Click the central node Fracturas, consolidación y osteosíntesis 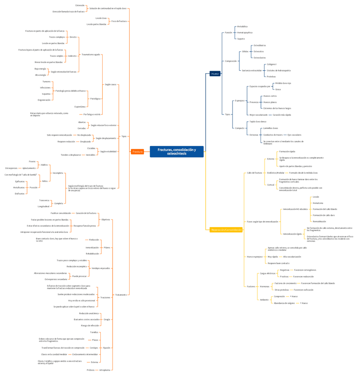(176, 151)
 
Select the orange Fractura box (137, 152)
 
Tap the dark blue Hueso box (215, 73)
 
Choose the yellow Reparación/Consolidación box (226, 230)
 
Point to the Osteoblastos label (260, 45)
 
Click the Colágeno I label (271, 64)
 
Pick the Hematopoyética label (245, 33)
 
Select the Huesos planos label (270, 102)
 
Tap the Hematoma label (318, 203)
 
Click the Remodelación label (319, 221)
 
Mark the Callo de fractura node (254, 173)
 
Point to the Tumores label (46, 82)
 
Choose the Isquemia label (46, 94)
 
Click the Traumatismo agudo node (90, 55)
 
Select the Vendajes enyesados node (100, 268)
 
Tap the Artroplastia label (105, 370)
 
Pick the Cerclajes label (94, 348)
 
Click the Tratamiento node (121, 295)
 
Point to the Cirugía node (107, 319)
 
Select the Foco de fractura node (119, 21)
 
